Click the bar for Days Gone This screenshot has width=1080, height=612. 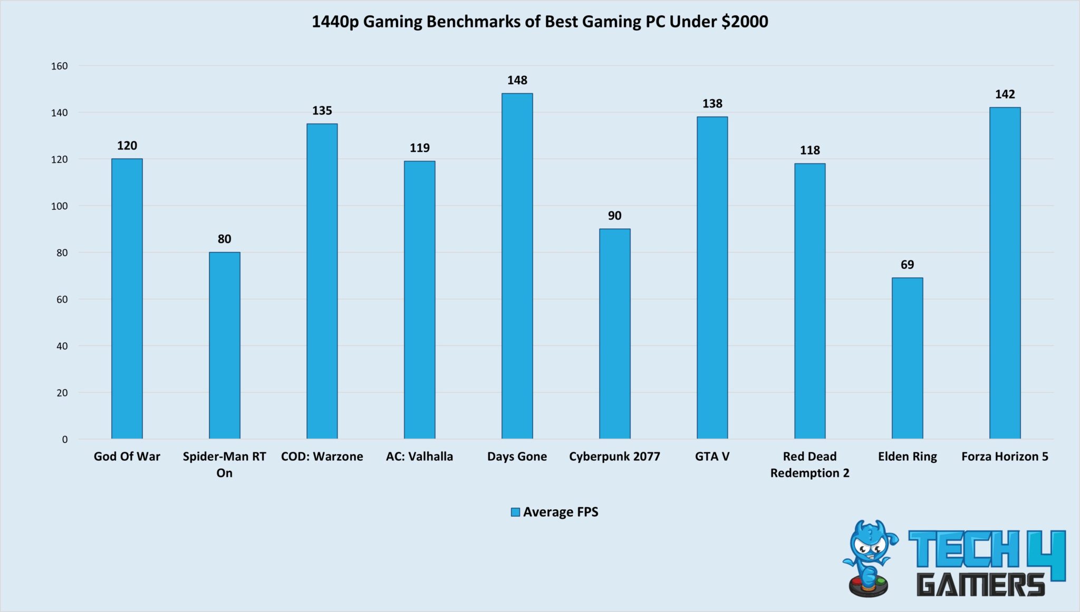pyautogui.click(x=517, y=266)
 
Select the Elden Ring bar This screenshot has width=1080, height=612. pyautogui.click(x=907, y=358)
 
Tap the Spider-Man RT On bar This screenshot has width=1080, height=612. pyautogui.click(x=224, y=345)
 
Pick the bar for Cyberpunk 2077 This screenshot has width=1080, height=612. pyautogui.click(x=614, y=334)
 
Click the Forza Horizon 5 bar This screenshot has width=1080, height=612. pyautogui.click(x=1005, y=273)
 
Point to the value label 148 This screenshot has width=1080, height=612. pyautogui.click(x=517, y=80)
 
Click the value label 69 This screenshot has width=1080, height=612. pyautogui.click(x=907, y=265)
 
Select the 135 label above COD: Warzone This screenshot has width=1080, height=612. pyautogui.click(x=322, y=111)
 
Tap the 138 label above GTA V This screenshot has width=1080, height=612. pyautogui.click(x=712, y=104)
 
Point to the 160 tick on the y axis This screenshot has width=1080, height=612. pyautogui.click(x=60, y=66)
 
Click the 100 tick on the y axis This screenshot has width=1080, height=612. pyautogui.click(x=60, y=206)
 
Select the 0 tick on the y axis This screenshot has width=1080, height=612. pyautogui.click(x=65, y=440)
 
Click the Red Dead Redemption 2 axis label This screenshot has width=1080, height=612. pyautogui.click(x=809, y=464)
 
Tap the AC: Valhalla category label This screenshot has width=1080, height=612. pyautogui.click(x=419, y=456)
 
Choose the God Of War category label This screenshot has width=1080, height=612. pyautogui.click(x=127, y=456)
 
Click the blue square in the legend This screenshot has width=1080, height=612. pyautogui.click(x=515, y=512)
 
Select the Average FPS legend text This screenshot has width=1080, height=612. pyautogui.click(x=561, y=512)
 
